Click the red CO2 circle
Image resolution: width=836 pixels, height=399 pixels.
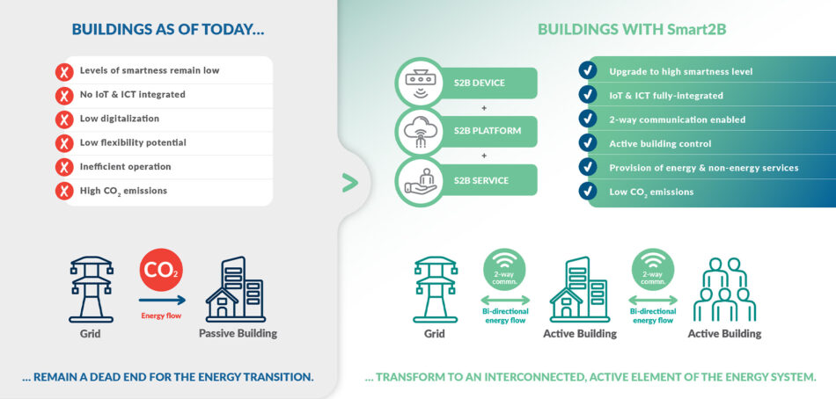click(161, 270)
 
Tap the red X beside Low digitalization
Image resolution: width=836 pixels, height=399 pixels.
click(64, 119)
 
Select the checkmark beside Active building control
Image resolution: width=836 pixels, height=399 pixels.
click(588, 143)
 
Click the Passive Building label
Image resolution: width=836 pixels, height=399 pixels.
click(238, 334)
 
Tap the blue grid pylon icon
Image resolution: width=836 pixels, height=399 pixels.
click(92, 289)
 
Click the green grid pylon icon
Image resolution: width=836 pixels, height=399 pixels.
click(435, 289)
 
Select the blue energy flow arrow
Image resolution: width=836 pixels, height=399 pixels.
click(163, 301)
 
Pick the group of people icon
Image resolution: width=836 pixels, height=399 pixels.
click(724, 290)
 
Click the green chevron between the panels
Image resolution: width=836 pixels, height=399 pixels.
click(349, 184)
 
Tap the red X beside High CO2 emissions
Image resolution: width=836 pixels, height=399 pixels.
click(64, 191)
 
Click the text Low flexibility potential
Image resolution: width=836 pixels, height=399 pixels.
click(133, 142)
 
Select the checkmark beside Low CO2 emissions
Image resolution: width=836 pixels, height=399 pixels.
click(588, 191)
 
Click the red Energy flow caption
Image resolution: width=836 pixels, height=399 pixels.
click(161, 316)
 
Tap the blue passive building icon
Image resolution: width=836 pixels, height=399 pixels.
click(236, 289)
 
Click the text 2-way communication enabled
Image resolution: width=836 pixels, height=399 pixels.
click(677, 120)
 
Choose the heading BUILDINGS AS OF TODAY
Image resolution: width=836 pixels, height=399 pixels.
click(168, 29)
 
